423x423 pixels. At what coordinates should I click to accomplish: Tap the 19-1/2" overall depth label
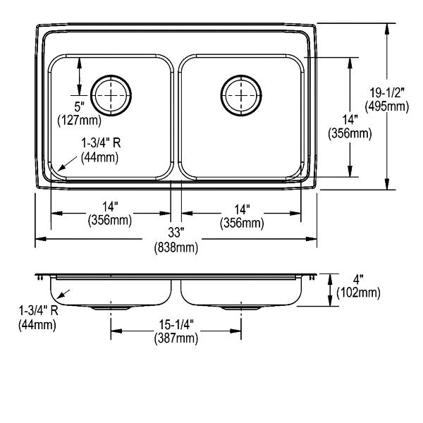387,93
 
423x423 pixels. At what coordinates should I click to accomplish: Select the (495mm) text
387,106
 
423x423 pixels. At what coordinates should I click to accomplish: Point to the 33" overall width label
176,232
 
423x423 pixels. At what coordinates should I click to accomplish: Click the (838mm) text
176,247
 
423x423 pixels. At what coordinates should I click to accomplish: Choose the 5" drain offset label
79,107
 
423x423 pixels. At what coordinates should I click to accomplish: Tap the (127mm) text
79,121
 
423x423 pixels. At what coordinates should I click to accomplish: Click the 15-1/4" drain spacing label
176,324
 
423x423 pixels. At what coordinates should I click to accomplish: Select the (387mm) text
176,338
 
